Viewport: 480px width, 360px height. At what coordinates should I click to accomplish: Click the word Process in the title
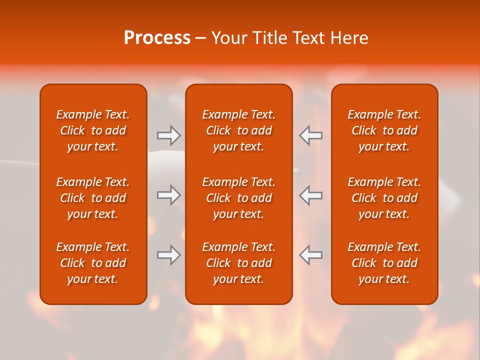pos(157,38)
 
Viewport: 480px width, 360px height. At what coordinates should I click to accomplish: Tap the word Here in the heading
pos(349,38)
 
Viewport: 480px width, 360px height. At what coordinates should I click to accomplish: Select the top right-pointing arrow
pos(168,135)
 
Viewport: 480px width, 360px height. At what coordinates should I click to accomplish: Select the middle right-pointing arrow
pos(168,195)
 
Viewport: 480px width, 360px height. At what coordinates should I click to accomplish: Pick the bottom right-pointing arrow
pos(168,255)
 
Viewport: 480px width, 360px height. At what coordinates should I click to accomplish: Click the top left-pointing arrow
pos(311,135)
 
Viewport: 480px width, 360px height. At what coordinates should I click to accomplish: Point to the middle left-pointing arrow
pos(311,195)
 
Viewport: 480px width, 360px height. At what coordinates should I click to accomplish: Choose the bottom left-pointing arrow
pos(311,255)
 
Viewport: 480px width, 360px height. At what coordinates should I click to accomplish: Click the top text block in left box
pos(93,130)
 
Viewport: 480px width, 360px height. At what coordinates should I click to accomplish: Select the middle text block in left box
pos(93,198)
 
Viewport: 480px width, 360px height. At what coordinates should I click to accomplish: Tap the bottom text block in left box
pos(93,263)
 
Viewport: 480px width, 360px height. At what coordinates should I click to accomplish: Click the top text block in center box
pos(238,130)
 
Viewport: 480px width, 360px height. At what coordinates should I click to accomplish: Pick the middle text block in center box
pos(238,198)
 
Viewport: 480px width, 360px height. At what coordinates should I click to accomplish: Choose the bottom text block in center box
pos(238,263)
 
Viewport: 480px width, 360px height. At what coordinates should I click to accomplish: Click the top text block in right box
pos(384,130)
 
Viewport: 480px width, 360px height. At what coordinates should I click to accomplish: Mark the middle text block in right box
pos(384,198)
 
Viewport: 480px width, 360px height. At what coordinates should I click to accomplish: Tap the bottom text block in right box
pos(384,263)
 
